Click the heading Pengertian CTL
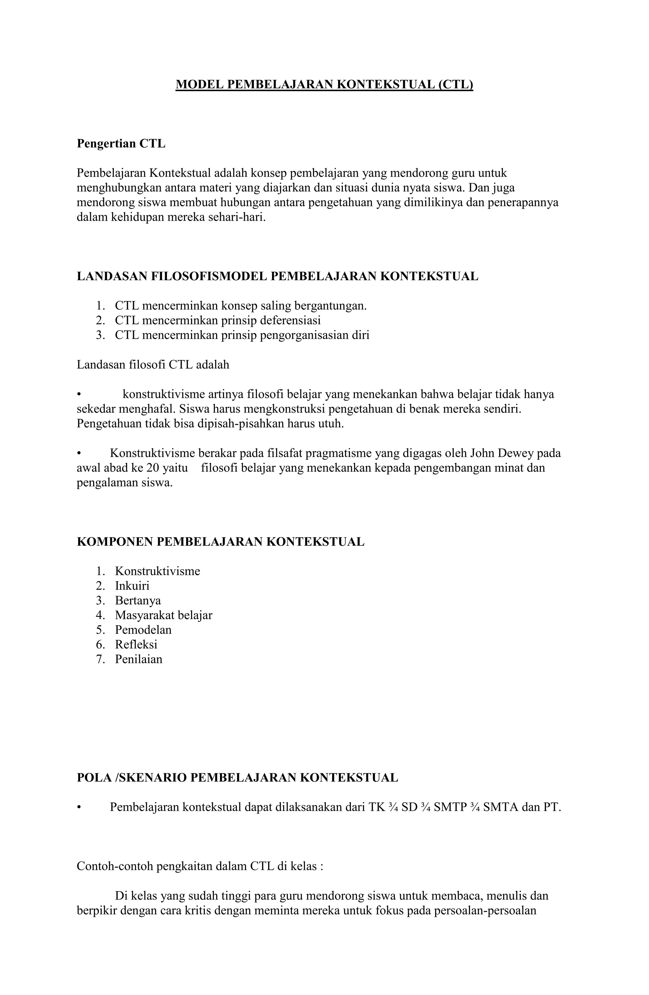(121, 143)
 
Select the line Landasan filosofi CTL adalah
(153, 365)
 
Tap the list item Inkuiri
(132, 586)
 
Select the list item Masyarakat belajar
(164, 615)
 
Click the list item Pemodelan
(143, 630)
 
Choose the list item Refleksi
(136, 644)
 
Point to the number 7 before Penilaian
(99, 659)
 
